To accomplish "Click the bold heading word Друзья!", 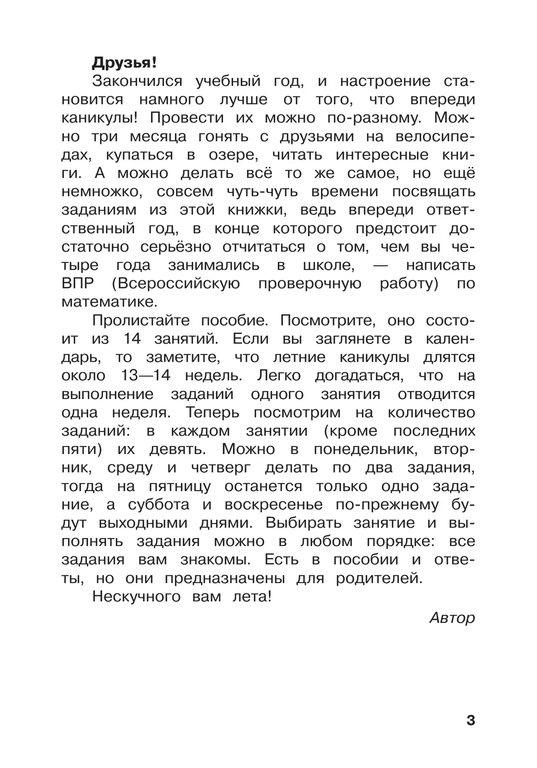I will pos(124,63).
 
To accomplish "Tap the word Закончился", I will pos(137,82).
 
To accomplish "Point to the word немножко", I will pos(102,192).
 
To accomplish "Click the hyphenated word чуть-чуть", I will pos(262,192).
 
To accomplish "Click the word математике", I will pos(110,302).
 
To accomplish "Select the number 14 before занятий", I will pos(132,339).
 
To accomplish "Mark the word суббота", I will pos(158,505).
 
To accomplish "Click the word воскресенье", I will pos(273,505).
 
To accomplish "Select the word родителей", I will pos(379,578).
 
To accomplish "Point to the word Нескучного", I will pos(136,596).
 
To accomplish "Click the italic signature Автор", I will pos(452,618).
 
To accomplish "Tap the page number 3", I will pos(470,721).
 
